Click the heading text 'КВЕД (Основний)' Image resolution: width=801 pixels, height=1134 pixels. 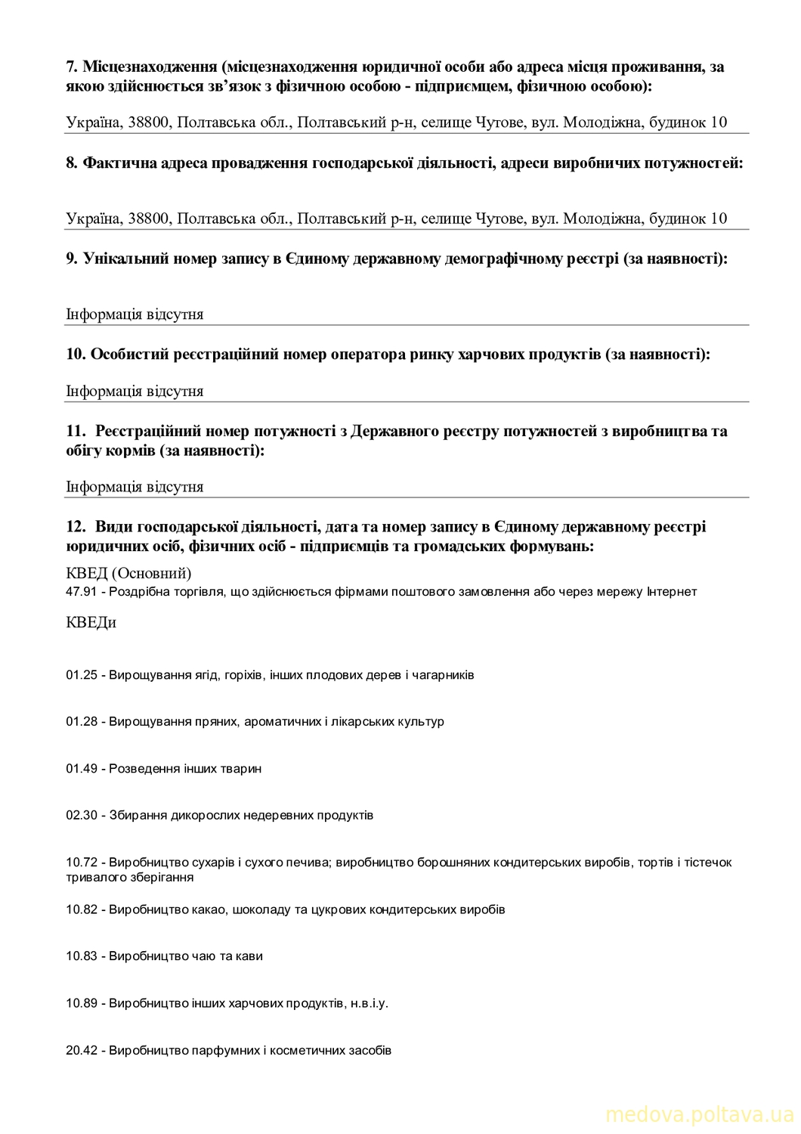click(x=128, y=573)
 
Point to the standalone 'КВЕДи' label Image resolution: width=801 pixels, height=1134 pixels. click(x=91, y=623)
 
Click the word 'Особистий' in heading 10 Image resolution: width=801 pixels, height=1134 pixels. click(x=129, y=354)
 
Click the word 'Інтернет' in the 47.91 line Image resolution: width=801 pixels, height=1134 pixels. click(x=671, y=591)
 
